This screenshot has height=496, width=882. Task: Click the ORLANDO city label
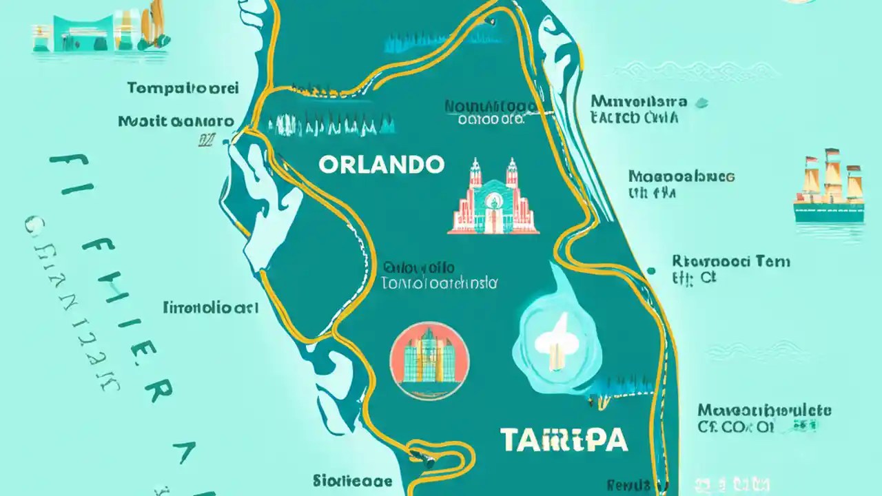(381, 164)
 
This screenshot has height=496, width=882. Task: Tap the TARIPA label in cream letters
(564, 440)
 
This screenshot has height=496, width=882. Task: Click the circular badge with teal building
(429, 361)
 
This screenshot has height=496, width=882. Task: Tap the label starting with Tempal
(183, 88)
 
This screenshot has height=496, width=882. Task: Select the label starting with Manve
(638, 102)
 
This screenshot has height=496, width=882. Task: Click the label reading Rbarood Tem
(730, 262)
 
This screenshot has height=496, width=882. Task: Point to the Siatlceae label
(352, 481)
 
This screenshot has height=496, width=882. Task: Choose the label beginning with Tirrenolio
(210, 307)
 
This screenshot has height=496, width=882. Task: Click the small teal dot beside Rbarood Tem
(651, 271)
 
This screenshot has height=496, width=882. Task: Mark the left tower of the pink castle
(475, 176)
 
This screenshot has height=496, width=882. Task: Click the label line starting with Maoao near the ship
(681, 176)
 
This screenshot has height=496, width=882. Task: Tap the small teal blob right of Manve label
(701, 103)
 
